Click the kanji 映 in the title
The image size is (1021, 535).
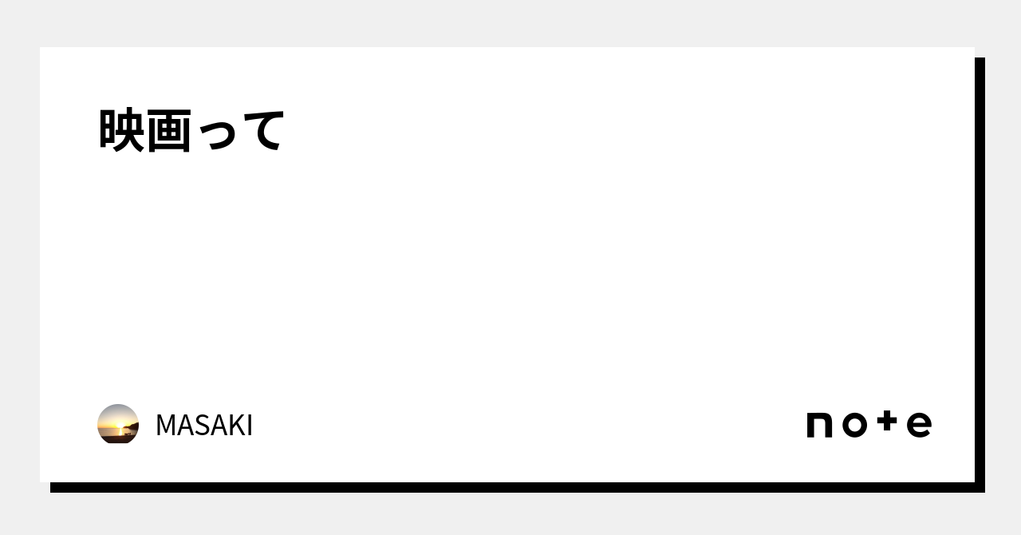click(x=121, y=130)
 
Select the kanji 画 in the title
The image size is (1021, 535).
click(x=169, y=130)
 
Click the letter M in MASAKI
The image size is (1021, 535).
click(x=165, y=426)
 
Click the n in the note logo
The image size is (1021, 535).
click(x=820, y=426)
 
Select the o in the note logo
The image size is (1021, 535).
click(x=854, y=426)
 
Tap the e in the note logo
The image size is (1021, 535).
click(x=919, y=426)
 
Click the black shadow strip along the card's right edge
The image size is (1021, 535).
click(x=980, y=271)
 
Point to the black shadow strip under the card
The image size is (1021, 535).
click(x=510, y=487)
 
